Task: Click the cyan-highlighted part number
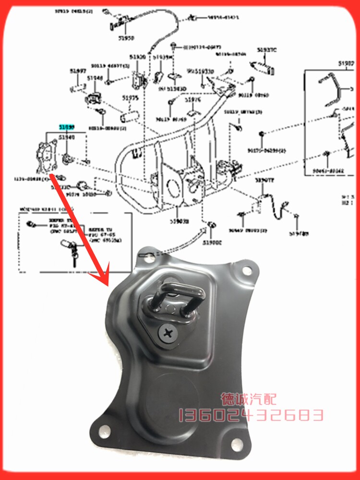(67, 127)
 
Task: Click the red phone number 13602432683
(251, 415)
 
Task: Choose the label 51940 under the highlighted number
(67, 137)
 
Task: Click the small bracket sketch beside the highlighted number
(46, 154)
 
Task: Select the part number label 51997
(78, 71)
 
